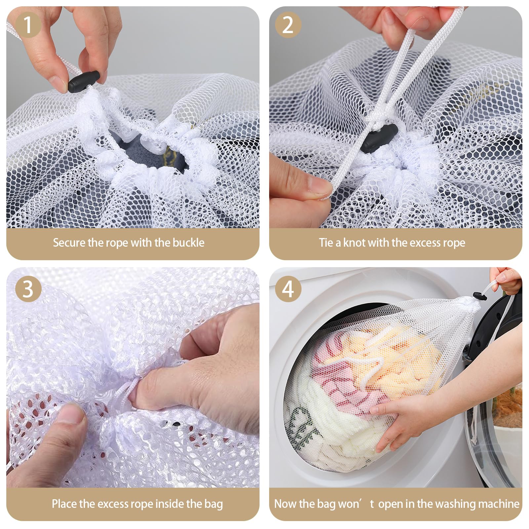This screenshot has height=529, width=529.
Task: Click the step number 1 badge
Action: pyautogui.click(x=28, y=24)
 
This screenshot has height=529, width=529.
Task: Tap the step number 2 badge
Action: pyautogui.click(x=288, y=24)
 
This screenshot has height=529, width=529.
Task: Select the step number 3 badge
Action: pyautogui.click(x=28, y=289)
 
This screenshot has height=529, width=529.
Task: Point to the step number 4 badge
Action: pyautogui.click(x=288, y=289)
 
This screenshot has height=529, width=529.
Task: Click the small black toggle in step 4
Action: pyautogui.click(x=480, y=295)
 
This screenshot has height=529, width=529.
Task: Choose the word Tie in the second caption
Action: pyautogui.click(x=326, y=243)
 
